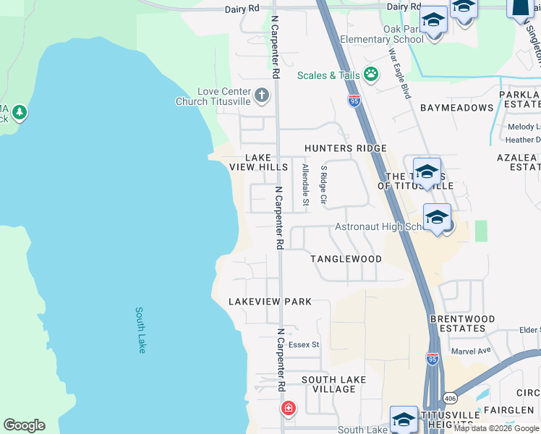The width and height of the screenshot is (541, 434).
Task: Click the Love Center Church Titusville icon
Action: click(x=261, y=93)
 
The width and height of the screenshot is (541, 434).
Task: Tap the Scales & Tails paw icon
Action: click(x=371, y=74)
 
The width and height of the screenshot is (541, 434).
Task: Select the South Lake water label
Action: click(x=141, y=330)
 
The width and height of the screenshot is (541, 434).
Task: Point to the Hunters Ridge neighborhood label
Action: click(x=345, y=148)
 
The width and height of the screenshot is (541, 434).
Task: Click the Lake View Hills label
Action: click(x=258, y=162)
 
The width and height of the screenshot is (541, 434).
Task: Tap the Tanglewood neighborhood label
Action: click(x=346, y=259)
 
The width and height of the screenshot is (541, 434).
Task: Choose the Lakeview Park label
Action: click(x=270, y=302)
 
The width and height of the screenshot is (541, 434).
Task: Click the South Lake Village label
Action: click(x=333, y=384)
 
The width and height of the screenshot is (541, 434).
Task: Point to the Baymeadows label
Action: click(x=457, y=108)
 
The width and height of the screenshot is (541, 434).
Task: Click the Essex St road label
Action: click(x=304, y=345)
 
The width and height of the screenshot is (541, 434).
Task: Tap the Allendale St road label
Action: click(x=305, y=185)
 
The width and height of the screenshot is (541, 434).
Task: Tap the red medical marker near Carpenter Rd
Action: click(x=289, y=409)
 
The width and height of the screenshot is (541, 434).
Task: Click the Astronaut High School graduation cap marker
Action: click(x=437, y=218)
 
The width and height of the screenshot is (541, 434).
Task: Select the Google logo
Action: click(x=24, y=425)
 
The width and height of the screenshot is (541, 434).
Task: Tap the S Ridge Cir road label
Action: click(x=324, y=184)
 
